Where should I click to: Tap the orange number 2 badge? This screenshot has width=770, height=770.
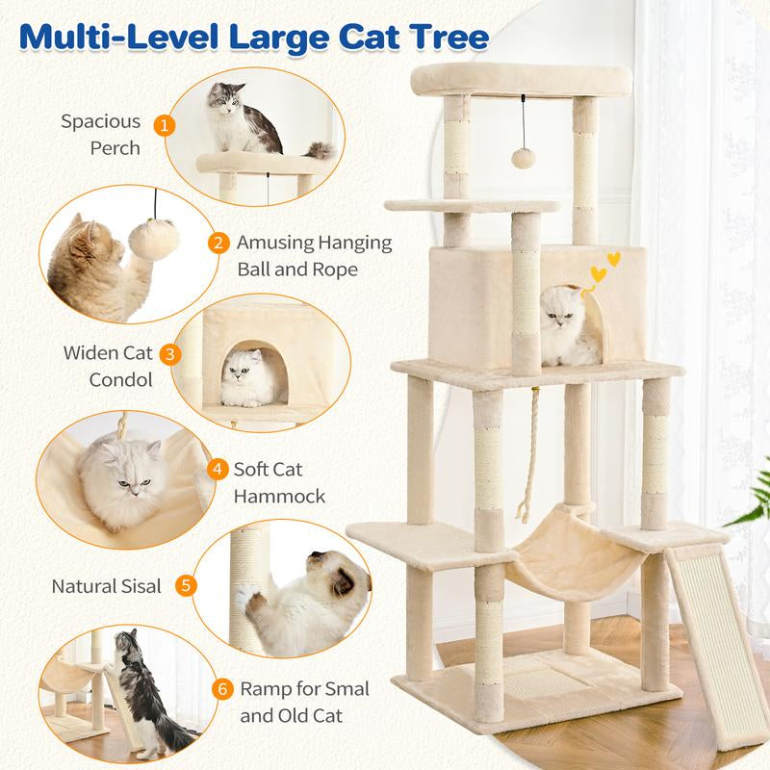point(219,244)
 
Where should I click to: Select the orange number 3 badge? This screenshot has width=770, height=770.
point(171,354)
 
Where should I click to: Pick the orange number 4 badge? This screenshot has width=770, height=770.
point(219,470)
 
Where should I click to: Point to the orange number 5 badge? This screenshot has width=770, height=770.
point(188,584)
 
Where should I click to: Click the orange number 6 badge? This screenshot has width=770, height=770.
point(222,689)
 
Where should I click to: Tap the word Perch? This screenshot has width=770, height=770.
point(115,148)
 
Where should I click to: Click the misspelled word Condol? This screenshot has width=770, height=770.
point(120,379)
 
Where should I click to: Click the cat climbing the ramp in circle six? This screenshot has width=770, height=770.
point(140,688)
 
